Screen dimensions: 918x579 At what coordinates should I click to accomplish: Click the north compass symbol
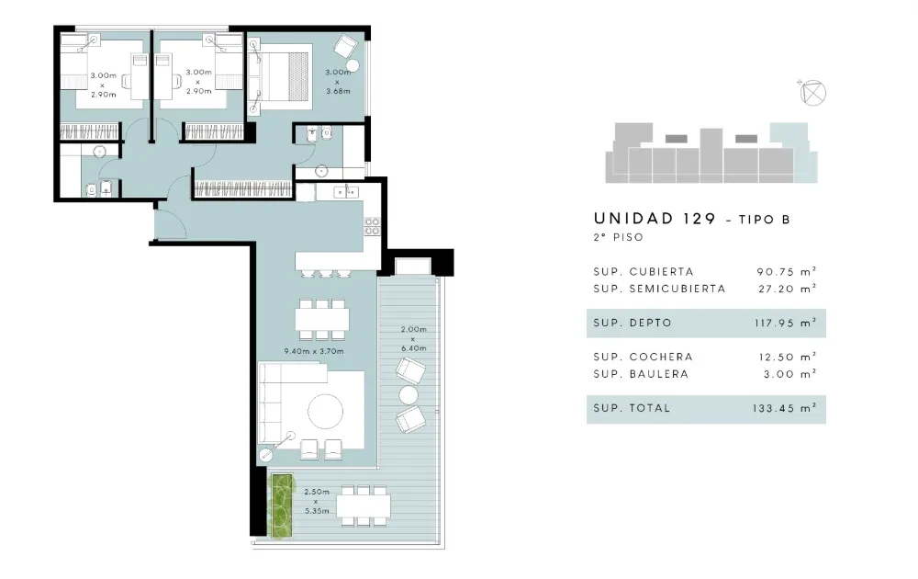click(x=812, y=93)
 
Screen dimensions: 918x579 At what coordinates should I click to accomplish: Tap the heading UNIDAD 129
click(x=655, y=219)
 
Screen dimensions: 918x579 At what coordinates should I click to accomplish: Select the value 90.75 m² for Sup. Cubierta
click(x=787, y=271)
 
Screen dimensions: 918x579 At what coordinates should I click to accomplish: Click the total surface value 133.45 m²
click(x=785, y=408)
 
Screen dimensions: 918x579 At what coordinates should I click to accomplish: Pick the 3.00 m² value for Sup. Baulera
click(x=790, y=374)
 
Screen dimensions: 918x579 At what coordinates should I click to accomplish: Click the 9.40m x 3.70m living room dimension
click(x=314, y=351)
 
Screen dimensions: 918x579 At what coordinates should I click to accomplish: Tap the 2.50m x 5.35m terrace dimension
click(x=317, y=501)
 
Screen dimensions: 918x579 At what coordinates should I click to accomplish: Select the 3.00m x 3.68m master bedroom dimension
click(x=339, y=82)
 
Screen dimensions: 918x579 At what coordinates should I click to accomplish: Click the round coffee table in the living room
click(x=326, y=412)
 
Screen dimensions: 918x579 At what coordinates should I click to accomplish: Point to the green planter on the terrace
click(x=281, y=505)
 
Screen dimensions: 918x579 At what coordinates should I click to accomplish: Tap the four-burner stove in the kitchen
click(x=372, y=226)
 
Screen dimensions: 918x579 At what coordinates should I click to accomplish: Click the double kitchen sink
click(x=346, y=192)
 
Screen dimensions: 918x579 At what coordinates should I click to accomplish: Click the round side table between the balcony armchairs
click(x=409, y=395)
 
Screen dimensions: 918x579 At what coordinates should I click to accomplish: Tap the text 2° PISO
click(x=618, y=237)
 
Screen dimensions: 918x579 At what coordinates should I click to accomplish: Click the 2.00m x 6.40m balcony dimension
click(x=413, y=339)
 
